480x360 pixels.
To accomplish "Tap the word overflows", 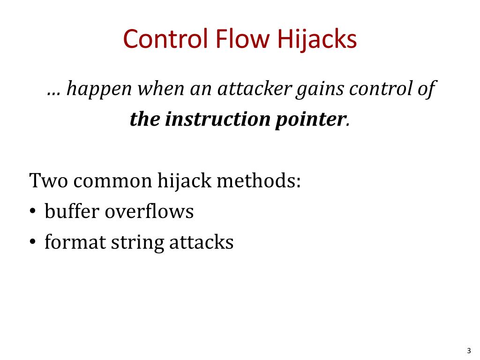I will pos(149,211).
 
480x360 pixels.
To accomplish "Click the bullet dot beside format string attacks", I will pos(33,243).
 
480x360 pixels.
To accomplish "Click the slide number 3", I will pos(469,350).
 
